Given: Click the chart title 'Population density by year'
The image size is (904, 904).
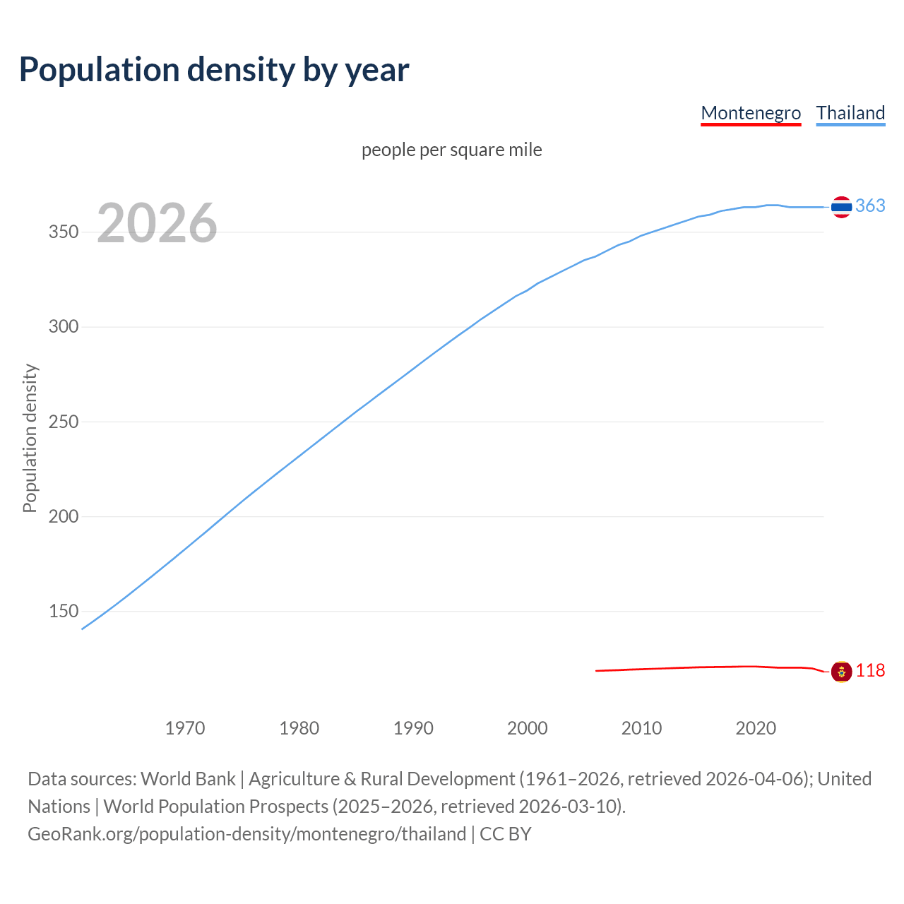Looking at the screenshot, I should click(214, 70).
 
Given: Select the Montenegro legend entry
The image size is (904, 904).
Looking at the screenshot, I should click(751, 113).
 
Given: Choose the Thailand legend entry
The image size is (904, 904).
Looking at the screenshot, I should click(850, 113).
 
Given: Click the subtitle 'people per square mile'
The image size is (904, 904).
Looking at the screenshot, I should click(452, 150).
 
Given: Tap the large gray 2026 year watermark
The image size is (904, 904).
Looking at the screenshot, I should click(157, 223).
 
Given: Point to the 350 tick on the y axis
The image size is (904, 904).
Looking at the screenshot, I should click(64, 232).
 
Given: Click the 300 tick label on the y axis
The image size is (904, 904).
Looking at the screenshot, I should click(64, 327).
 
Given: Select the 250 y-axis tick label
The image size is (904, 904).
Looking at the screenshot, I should click(64, 422).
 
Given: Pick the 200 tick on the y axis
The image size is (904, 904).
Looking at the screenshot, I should click(64, 516).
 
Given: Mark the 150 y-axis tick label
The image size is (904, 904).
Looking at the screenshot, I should click(64, 611).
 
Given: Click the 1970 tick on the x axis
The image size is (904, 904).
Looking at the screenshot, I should click(185, 728).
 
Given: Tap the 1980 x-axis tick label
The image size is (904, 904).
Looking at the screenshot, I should click(299, 728).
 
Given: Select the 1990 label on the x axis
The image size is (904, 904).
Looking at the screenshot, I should click(413, 728).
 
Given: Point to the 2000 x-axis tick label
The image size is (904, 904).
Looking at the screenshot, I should click(528, 728).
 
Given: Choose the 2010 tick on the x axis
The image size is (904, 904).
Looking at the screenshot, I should click(641, 728).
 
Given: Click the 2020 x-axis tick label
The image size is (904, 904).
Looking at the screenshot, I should click(756, 728).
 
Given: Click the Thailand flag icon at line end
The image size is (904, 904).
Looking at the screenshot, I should click(841, 207).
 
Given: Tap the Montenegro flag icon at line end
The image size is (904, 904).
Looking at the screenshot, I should click(841, 672).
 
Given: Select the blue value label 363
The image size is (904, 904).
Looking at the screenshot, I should click(870, 206).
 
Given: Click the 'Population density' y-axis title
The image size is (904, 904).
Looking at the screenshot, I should click(30, 438).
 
